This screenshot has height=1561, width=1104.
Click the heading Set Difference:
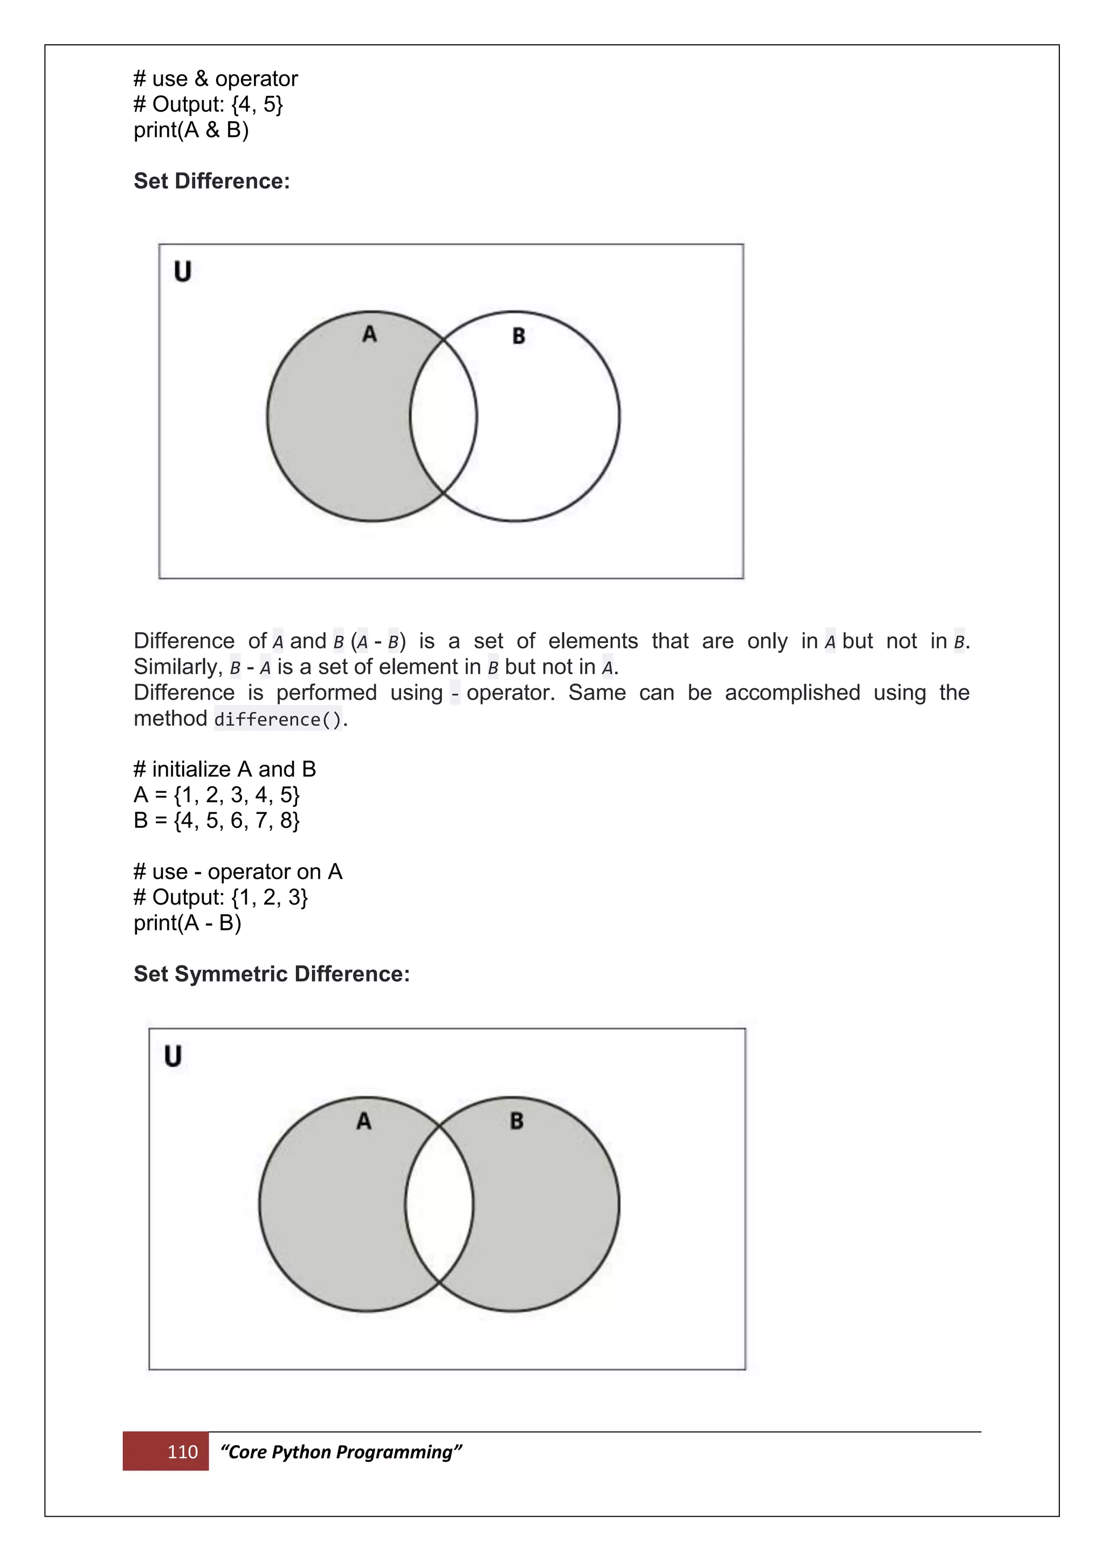[211, 181]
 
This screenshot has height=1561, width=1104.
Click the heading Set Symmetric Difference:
[271, 973]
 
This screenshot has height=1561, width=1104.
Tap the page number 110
[182, 1452]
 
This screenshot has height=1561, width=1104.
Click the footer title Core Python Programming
[341, 1452]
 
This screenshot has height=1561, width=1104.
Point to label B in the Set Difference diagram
[518, 336]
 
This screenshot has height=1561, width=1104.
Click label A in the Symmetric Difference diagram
[364, 1121]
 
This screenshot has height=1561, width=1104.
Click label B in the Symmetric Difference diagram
[516, 1121]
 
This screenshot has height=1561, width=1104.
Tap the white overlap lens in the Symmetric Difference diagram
[439, 1204]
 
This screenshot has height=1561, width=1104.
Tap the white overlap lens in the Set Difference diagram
[443, 416]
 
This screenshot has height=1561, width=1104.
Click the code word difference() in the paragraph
[278, 719]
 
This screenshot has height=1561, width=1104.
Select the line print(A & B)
[191, 130]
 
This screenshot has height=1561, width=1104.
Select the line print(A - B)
[187, 923]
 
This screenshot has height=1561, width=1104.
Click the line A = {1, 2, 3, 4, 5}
[216, 794]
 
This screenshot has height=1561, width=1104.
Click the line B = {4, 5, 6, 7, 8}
[216, 820]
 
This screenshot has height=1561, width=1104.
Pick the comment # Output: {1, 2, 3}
[220, 897]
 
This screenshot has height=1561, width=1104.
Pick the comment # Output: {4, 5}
[208, 104]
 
